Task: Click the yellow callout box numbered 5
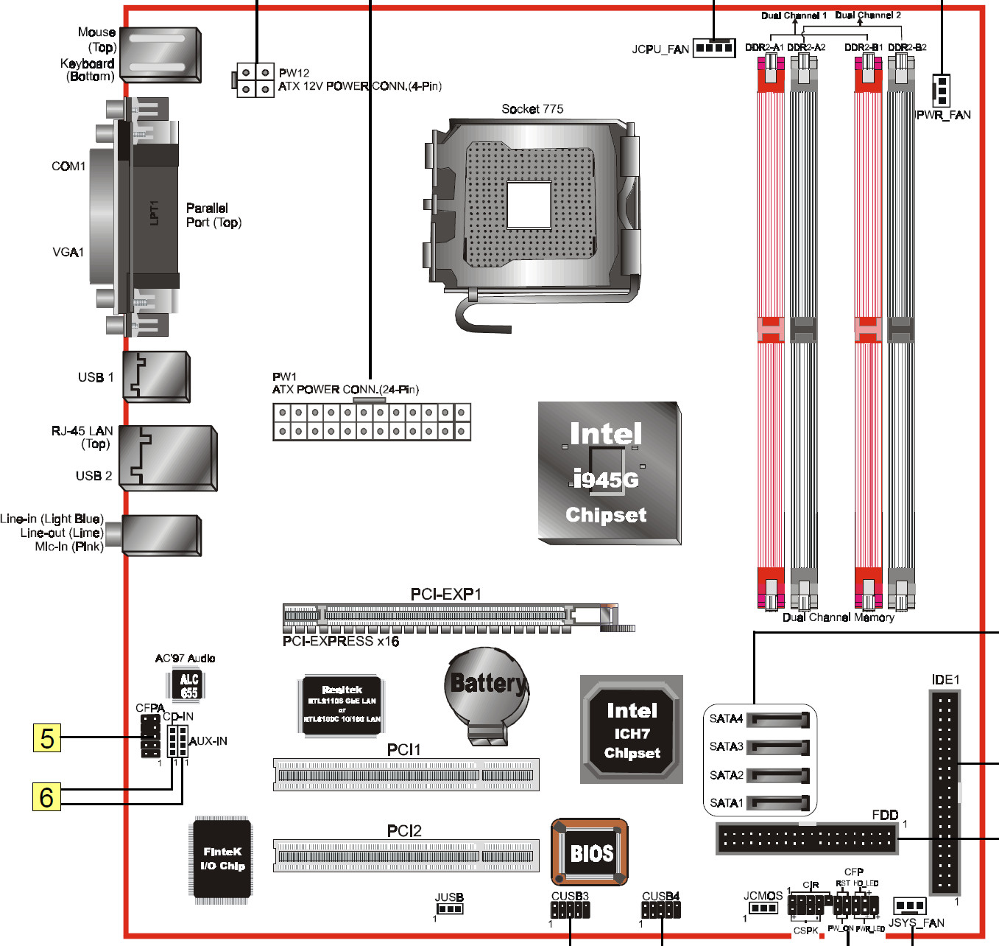tap(47, 737)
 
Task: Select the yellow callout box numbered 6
tap(46, 796)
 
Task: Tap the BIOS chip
tap(590, 852)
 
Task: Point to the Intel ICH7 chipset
tap(632, 730)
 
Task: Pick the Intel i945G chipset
tap(608, 473)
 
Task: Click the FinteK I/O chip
tap(222, 860)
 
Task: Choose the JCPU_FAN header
tap(714, 49)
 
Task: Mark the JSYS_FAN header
tap(910, 905)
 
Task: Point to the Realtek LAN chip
tap(342, 705)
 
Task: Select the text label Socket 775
tap(532, 109)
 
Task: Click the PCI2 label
tap(404, 831)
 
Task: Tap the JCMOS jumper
tap(763, 908)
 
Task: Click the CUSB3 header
tap(571, 910)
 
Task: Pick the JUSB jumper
tap(450, 908)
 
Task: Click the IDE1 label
tap(945, 679)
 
